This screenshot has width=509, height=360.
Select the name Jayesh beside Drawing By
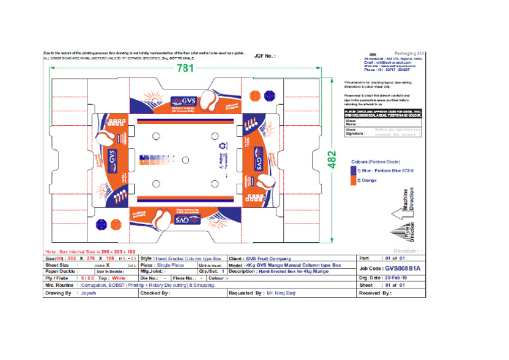88,292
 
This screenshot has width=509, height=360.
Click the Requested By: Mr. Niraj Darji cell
264,292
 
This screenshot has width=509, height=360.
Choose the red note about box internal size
89,251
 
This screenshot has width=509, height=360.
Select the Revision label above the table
407,251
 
